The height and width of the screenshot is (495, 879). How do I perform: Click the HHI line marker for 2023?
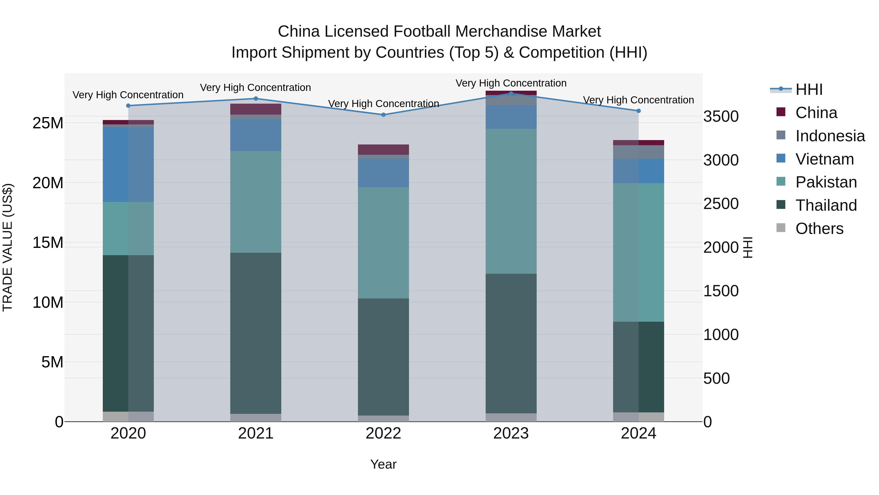pos(511,93)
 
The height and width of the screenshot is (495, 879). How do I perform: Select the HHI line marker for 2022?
pos(383,115)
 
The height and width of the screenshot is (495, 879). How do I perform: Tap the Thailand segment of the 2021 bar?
pos(256,333)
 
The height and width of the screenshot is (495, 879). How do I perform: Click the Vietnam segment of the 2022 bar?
pos(383,173)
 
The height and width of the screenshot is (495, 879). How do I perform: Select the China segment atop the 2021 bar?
pos(256,109)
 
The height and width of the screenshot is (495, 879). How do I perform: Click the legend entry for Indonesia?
pos(830,136)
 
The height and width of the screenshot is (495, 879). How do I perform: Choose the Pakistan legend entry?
pos(826,182)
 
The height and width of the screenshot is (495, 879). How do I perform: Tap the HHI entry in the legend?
pos(809,89)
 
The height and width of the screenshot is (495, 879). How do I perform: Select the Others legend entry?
pos(819,229)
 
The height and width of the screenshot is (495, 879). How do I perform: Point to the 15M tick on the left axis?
pos(48,242)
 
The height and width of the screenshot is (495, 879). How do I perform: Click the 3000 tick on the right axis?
pos(721,160)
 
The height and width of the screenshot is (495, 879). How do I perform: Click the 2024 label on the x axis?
pos(638,433)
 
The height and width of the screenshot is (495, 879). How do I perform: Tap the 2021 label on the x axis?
pos(256,433)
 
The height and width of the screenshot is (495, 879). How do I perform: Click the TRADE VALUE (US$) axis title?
pos(8,247)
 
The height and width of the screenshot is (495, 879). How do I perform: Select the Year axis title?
pos(383,464)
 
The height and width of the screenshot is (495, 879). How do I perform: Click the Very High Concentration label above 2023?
pos(511,83)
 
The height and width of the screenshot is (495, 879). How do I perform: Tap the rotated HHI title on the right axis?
pos(748,247)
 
